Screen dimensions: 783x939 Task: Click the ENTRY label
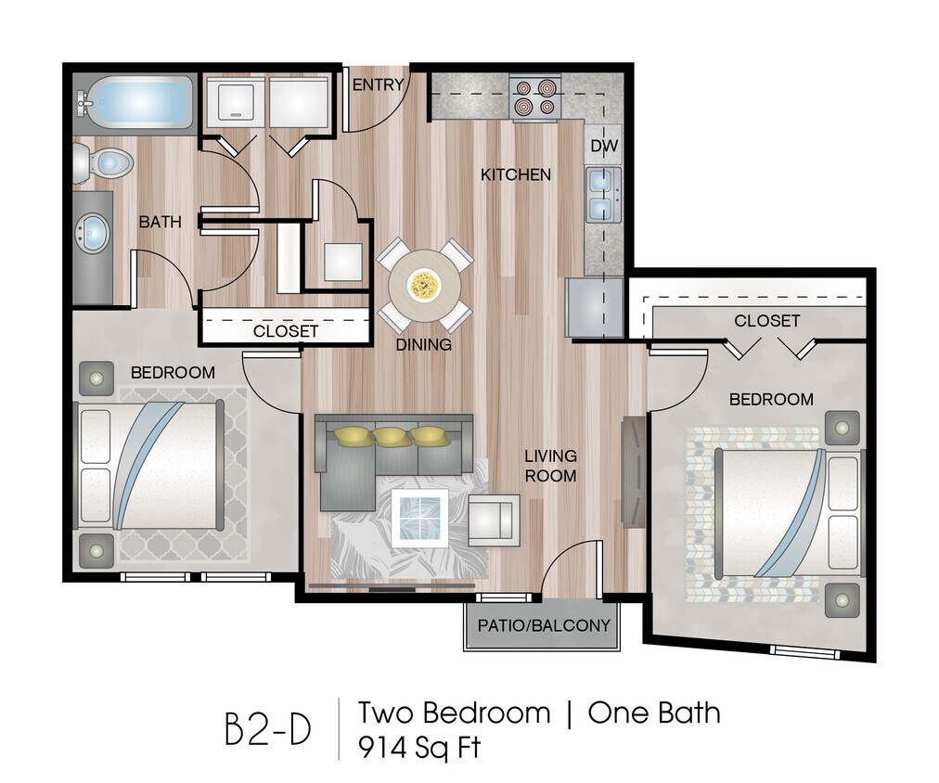pyautogui.click(x=379, y=85)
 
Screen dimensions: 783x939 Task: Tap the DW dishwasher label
pyautogui.click(x=603, y=146)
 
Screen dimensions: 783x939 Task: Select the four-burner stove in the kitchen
pyautogui.click(x=536, y=97)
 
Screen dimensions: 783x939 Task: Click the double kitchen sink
pyautogui.click(x=601, y=193)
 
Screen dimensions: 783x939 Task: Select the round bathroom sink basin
pyautogui.click(x=92, y=233)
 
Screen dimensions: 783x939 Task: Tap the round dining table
pyautogui.click(x=425, y=284)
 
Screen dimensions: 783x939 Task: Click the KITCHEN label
pyautogui.click(x=516, y=174)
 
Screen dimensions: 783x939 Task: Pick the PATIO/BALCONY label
pyautogui.click(x=544, y=625)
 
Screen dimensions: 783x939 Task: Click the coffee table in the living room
pyautogui.click(x=419, y=518)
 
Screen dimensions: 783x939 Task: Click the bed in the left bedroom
pyautogui.click(x=151, y=466)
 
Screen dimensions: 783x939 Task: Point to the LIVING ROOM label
pyautogui.click(x=550, y=466)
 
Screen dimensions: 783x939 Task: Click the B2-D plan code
pyautogui.click(x=268, y=729)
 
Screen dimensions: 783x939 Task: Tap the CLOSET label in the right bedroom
pyautogui.click(x=766, y=321)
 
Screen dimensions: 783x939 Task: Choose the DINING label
pyautogui.click(x=423, y=344)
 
